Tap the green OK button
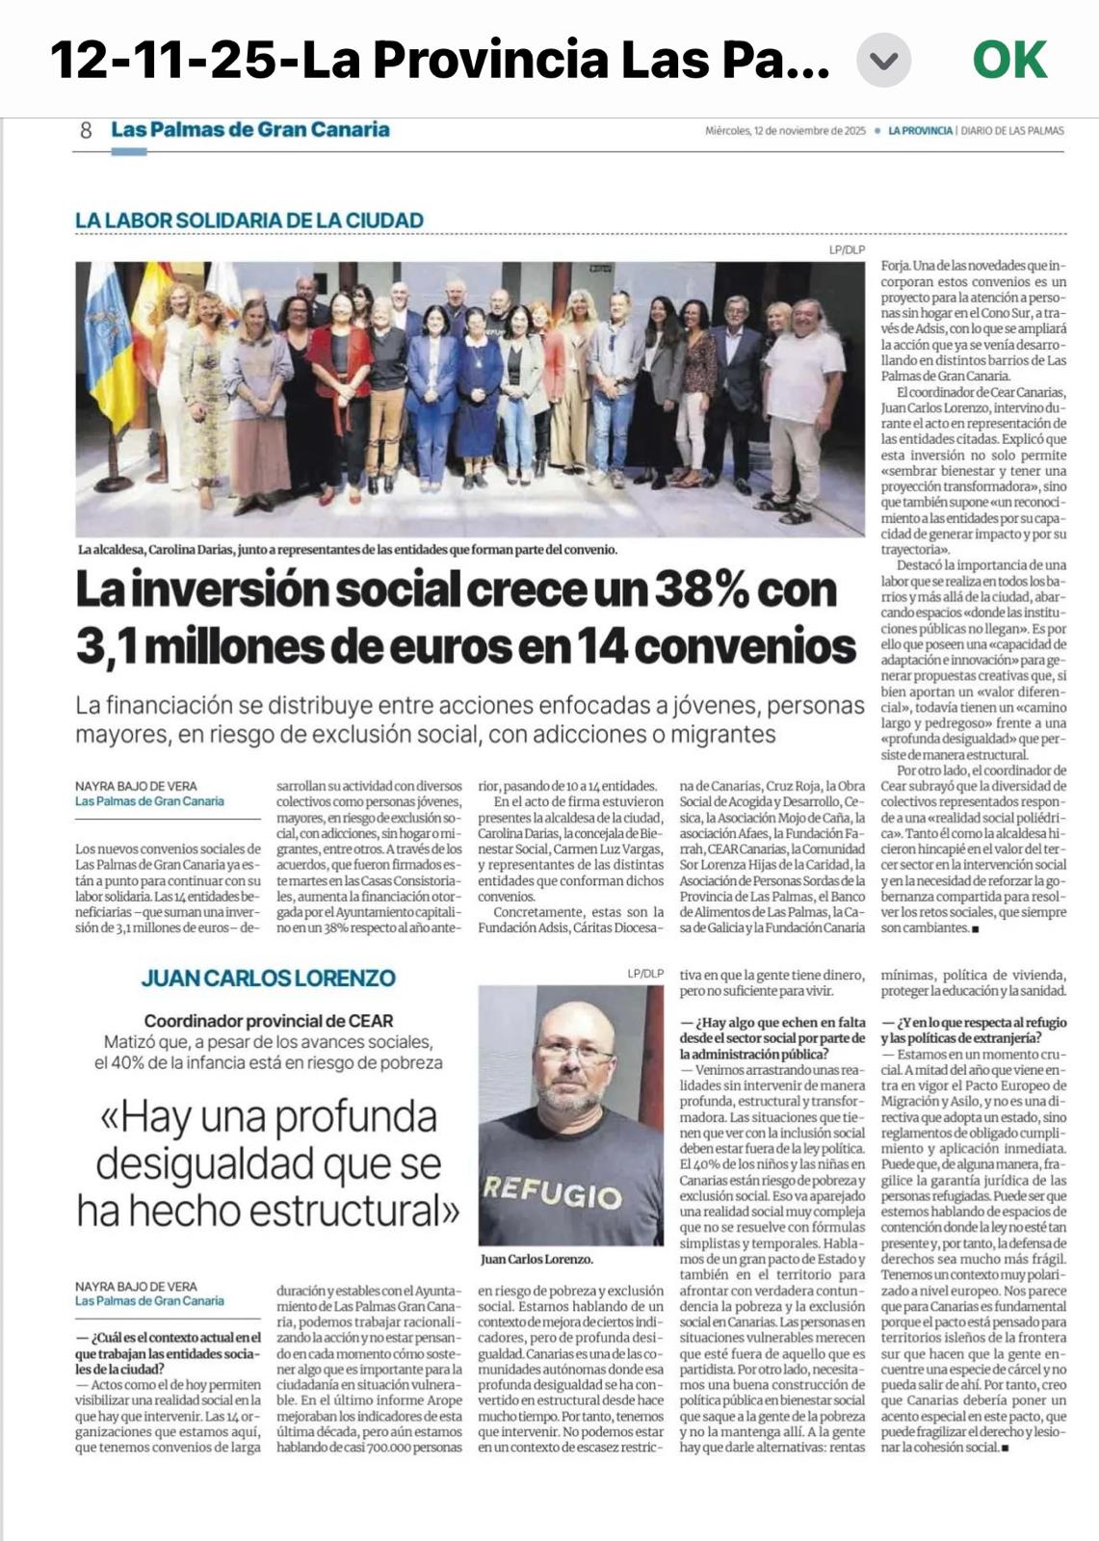point(1008,60)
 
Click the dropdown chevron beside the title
point(883,61)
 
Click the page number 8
point(86,130)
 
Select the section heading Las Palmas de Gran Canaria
point(250,130)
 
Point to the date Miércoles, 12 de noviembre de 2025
point(785,131)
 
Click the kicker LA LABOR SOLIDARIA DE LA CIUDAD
point(249,221)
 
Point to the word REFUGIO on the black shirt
point(552,1192)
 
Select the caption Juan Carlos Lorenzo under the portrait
point(536,1259)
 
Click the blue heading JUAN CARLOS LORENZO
point(268,979)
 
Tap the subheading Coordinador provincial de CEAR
point(268,1021)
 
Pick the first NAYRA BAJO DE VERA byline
point(136,786)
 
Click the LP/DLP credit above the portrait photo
point(645,974)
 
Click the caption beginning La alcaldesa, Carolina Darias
point(347,550)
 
